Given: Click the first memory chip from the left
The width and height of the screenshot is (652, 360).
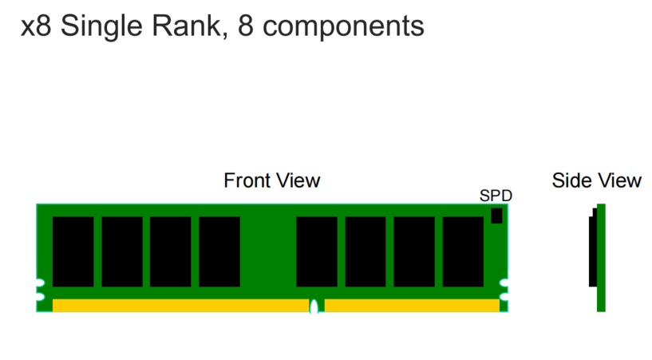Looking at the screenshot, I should pos(73,251).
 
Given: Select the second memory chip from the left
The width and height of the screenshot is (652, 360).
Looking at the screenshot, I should pos(121,251).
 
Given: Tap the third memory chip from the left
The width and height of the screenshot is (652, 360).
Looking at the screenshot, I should pos(170,251).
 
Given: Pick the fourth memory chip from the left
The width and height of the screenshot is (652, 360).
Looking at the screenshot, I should pos(219,251).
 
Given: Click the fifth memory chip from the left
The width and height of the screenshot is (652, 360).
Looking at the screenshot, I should pos(316,251).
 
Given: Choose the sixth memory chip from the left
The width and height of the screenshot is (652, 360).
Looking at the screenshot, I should pos(366,251).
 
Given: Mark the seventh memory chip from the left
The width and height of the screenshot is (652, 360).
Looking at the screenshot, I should pos(414,251).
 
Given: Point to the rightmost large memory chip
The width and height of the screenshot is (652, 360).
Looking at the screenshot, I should pos(463,251).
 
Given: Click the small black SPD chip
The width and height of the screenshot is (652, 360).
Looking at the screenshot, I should pos(496,215).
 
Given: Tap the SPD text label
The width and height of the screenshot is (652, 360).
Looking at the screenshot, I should pos(495,196).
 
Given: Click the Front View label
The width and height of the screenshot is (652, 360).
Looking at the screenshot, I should pos(271,180).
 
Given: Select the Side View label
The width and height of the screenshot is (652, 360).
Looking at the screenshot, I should pos(596,180).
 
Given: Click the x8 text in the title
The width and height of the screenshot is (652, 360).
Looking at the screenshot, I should pos(36,26).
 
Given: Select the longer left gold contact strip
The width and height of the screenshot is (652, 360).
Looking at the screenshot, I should pos(180,305).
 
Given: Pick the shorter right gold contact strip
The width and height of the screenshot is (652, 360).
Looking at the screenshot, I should pos(412,305).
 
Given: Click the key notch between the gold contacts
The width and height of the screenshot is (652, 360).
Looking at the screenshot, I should pos(314,306).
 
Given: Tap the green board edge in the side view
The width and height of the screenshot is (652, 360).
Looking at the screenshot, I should pos(601,257).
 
